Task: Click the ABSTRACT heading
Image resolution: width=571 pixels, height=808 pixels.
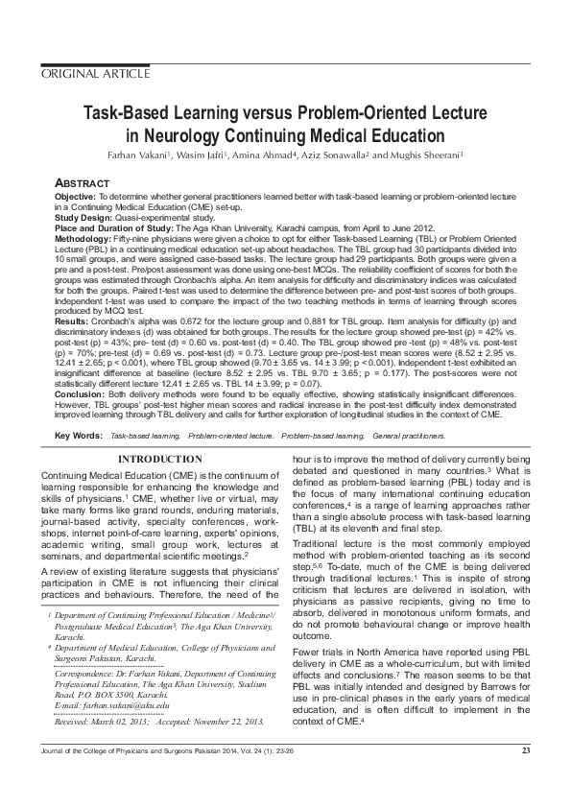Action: pyautogui.click(x=84, y=182)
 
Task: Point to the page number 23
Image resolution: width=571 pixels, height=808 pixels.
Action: pyautogui.click(x=526, y=776)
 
